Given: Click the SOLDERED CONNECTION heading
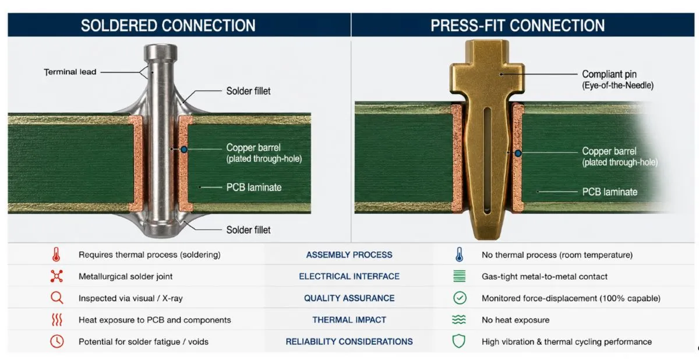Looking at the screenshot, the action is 168,25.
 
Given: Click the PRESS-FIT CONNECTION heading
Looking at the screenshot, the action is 518,25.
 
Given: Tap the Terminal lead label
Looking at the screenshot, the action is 70,72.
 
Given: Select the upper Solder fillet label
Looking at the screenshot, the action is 248,91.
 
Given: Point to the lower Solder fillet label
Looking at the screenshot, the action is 248,230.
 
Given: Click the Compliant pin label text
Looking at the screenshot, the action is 609,74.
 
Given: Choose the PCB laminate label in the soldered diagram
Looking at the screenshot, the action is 254,187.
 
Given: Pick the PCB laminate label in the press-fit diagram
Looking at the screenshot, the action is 610,192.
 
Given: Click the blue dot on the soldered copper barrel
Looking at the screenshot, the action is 184,150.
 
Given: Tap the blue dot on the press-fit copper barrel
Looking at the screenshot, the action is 518,153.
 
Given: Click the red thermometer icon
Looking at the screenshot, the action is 56,255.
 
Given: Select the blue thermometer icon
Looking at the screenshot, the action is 459,255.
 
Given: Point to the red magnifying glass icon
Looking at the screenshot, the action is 57,298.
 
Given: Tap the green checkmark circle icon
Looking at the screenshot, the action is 460,298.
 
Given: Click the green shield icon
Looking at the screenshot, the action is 459,341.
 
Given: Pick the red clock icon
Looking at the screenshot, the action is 57,341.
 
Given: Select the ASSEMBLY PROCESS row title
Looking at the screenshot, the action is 349,255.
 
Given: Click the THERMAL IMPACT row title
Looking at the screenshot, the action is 349,320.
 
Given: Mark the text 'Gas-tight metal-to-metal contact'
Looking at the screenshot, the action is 545,276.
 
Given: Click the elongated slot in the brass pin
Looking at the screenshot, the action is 487,161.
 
